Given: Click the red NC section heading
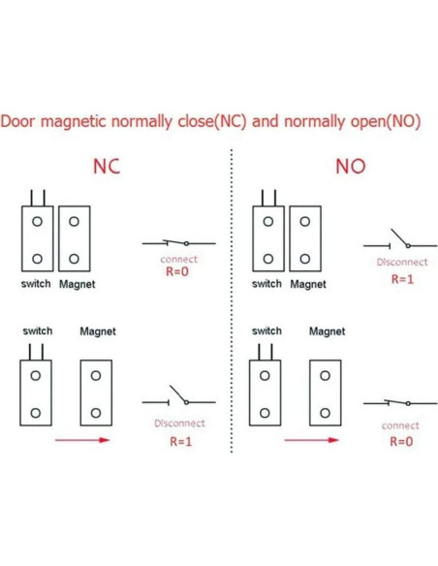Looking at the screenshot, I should (x=107, y=167).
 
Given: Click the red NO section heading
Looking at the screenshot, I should (x=350, y=167).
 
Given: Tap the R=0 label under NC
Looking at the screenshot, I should (x=178, y=272).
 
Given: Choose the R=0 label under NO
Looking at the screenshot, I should (x=401, y=441).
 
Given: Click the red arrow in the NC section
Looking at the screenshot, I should (x=82, y=440).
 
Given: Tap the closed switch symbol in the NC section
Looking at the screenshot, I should (x=178, y=242).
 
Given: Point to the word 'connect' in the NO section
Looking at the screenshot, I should (x=401, y=424).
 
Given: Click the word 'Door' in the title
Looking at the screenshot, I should (x=20, y=124).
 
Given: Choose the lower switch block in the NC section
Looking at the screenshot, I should (x=36, y=392).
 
